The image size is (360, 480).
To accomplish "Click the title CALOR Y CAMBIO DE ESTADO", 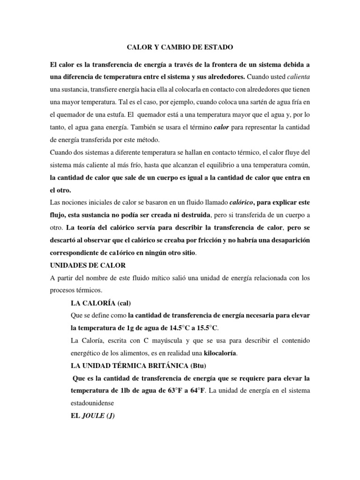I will click(x=180, y=47).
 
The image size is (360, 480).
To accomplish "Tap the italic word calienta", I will click(x=300, y=76).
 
